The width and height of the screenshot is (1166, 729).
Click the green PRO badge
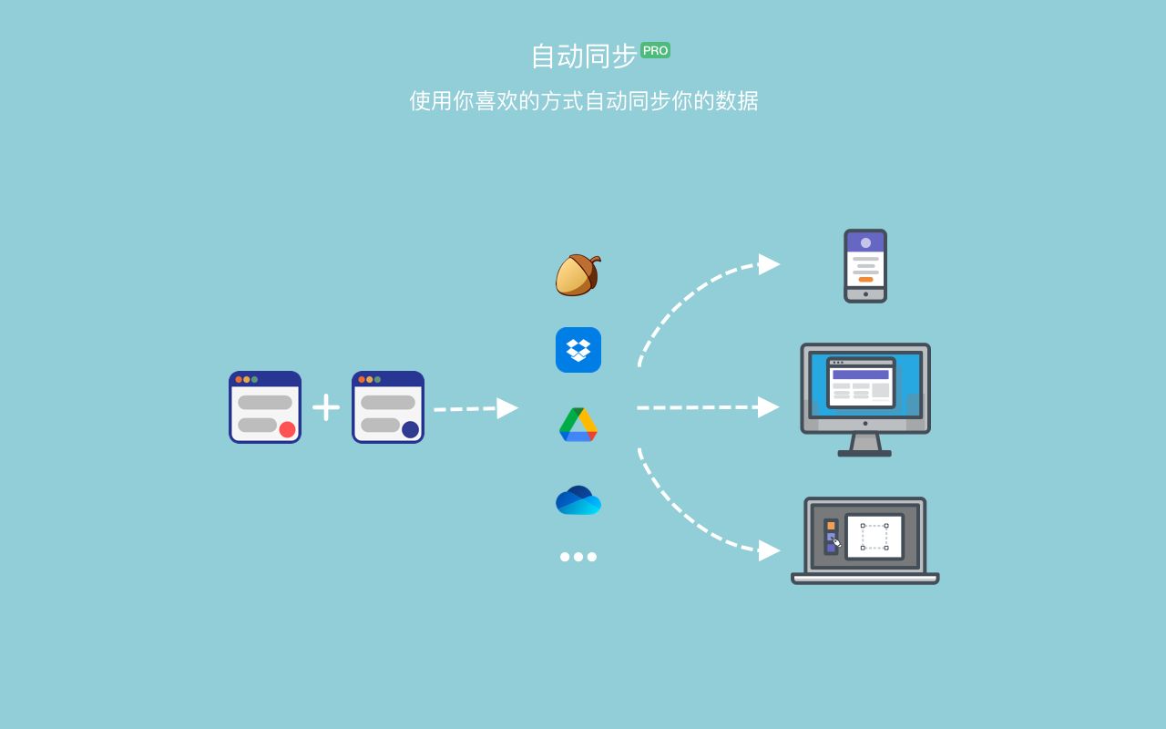655,50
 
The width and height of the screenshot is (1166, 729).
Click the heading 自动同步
583,56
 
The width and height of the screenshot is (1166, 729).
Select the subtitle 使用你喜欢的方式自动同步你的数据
583,100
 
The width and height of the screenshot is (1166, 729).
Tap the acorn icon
578,274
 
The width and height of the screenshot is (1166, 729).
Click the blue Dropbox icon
578,350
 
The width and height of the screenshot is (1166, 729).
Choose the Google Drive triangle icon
578,425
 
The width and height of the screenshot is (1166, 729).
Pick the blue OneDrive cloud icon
578,500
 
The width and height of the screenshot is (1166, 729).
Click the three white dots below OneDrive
578,557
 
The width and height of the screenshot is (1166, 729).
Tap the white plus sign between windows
326,407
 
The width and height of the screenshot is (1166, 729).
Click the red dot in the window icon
287,429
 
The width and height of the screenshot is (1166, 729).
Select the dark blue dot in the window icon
410,429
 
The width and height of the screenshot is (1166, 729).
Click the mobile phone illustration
865,266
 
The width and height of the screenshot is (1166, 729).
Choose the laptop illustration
865,539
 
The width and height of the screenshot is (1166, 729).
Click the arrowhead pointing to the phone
769,264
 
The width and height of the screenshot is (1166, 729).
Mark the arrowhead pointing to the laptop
769,550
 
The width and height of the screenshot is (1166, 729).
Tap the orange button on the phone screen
865,280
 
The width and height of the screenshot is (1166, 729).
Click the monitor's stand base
864,453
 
